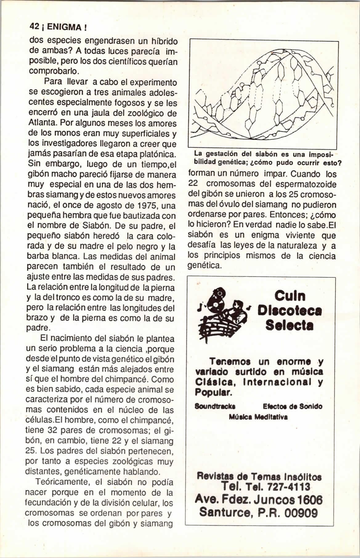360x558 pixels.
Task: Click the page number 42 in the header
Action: pyautogui.click(x=33, y=27)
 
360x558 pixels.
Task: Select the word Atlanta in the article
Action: pyautogui.click(x=42, y=124)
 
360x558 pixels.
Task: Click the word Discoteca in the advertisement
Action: pyautogui.click(x=289, y=311)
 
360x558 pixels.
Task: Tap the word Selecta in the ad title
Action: pyautogui.click(x=289, y=325)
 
